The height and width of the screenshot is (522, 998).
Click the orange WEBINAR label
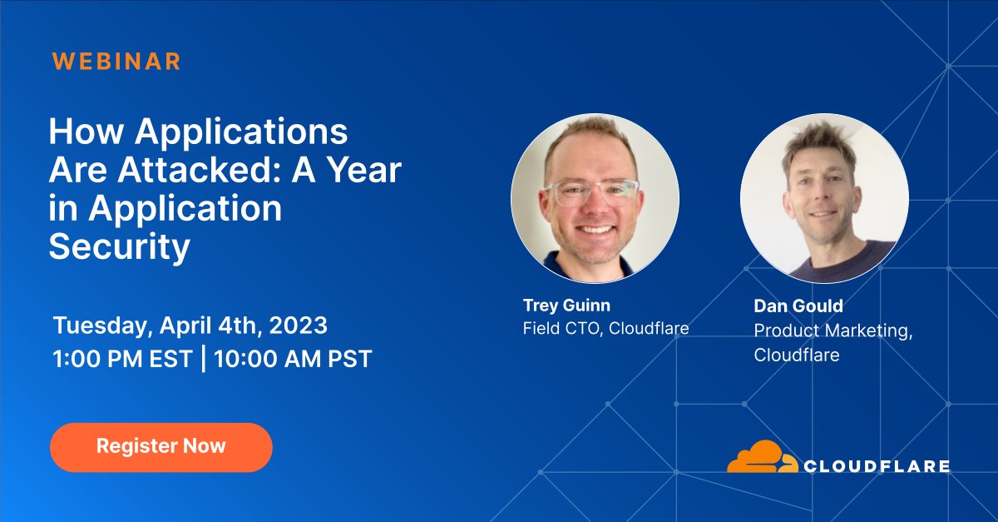116,61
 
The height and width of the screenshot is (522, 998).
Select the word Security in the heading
120,247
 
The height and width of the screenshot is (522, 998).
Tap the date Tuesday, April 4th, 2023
190,324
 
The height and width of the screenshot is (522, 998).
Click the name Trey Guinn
566,305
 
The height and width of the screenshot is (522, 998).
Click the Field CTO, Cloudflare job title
605,328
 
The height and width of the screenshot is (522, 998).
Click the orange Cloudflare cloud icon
761,458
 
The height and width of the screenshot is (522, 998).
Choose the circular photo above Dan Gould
824,198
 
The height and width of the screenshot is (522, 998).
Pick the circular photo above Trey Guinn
595,198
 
